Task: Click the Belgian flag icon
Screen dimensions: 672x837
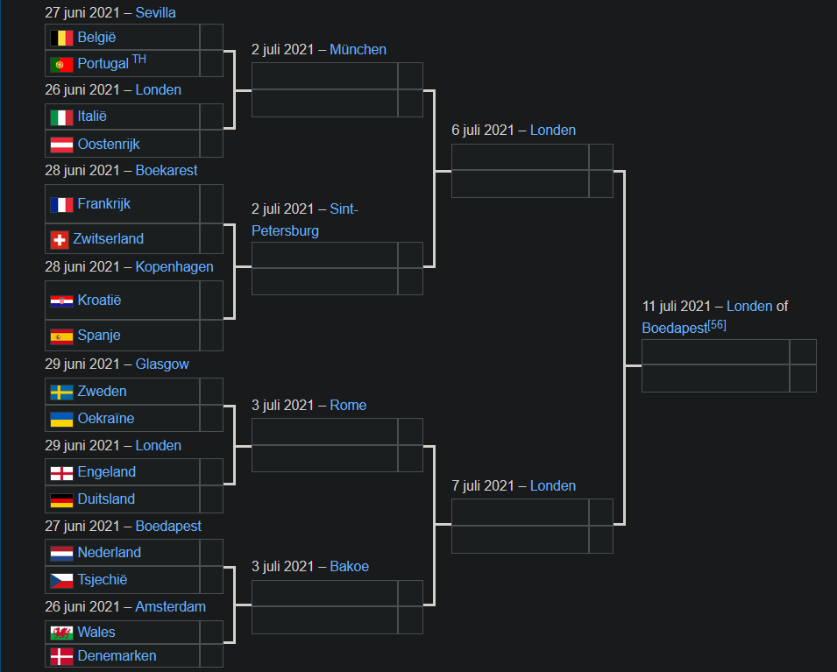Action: pyautogui.click(x=61, y=38)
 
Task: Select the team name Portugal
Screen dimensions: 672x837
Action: pyautogui.click(x=103, y=64)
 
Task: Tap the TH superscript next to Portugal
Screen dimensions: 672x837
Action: pyautogui.click(x=139, y=60)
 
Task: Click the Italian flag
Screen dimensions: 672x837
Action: pyautogui.click(x=61, y=117)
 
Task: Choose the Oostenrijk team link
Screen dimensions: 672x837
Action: pyautogui.click(x=109, y=144)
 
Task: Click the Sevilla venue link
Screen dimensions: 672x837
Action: pyautogui.click(x=155, y=12)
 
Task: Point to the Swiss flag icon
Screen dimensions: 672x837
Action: pyautogui.click(x=60, y=239)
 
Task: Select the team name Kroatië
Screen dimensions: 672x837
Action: pyautogui.click(x=99, y=300)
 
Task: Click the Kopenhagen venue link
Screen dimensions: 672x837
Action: pyautogui.click(x=174, y=266)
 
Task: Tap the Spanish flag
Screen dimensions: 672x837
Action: pyautogui.click(x=61, y=336)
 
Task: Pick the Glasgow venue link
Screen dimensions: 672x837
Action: pyautogui.click(x=162, y=364)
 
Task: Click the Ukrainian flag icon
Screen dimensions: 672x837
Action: pyautogui.click(x=61, y=419)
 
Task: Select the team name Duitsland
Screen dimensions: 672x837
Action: pyautogui.click(x=106, y=499)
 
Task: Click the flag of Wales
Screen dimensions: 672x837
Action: pyautogui.click(x=61, y=632)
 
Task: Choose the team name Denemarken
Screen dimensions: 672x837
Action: pyautogui.click(x=117, y=655)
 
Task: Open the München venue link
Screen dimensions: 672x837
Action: pyautogui.click(x=358, y=49)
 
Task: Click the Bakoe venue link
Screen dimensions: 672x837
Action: pyautogui.click(x=349, y=566)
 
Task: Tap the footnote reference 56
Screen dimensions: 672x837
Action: pyautogui.click(x=717, y=325)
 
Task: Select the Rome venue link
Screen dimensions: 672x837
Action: pyautogui.click(x=348, y=405)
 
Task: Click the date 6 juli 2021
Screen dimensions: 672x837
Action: pyautogui.click(x=483, y=130)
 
